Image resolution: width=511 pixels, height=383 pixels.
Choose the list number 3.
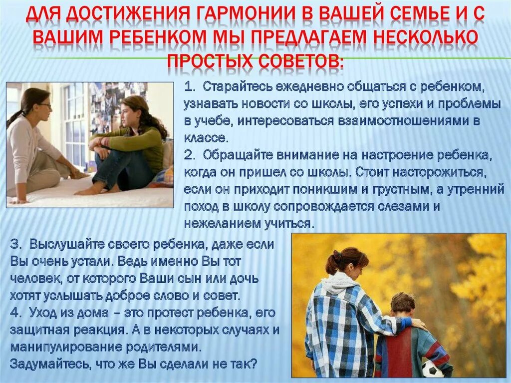(x=15, y=244)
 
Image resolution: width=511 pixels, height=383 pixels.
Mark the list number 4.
(x=15, y=314)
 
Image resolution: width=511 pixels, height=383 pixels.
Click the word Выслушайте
(x=64, y=244)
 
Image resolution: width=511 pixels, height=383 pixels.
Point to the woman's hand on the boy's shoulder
(x=418, y=324)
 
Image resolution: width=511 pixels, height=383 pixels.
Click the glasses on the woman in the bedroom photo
(x=44, y=106)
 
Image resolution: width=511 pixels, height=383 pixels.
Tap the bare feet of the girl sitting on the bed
(x=92, y=190)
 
